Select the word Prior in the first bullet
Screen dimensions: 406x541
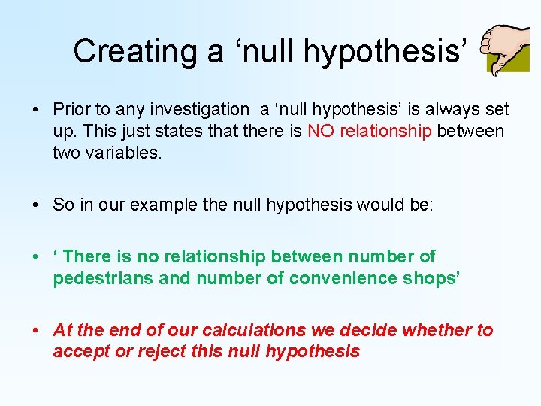pos(71,110)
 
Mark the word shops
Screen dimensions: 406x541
pos(431,278)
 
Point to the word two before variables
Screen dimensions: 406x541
pos(65,153)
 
